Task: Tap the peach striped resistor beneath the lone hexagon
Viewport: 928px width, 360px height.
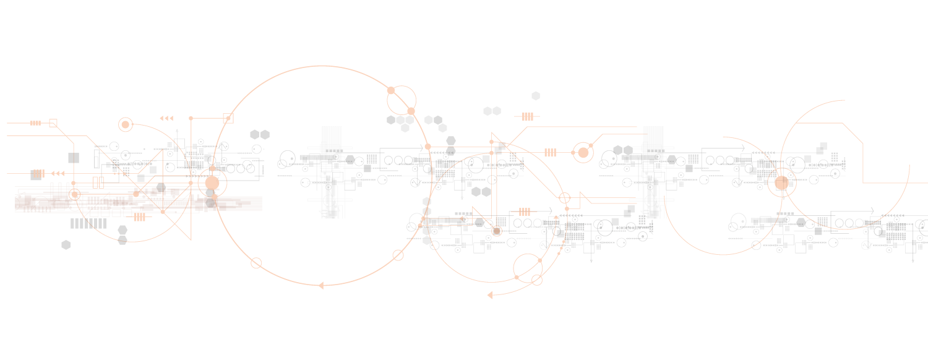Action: (x=527, y=116)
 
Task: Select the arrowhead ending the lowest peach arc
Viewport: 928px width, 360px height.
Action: (x=490, y=294)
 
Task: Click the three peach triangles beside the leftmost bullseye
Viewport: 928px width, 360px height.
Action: (x=166, y=118)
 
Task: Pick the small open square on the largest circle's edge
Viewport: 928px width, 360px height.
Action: (x=228, y=118)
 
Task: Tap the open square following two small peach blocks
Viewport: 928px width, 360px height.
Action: (x=53, y=123)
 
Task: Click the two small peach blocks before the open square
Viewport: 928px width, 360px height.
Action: (x=35, y=123)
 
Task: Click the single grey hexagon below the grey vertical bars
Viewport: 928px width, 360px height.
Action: (x=66, y=245)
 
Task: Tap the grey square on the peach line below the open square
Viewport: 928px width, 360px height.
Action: (x=74, y=158)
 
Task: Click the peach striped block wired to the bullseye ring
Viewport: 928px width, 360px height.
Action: (x=550, y=152)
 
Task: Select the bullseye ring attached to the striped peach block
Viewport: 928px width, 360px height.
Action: (x=583, y=152)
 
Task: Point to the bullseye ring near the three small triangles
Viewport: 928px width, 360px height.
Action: (x=126, y=125)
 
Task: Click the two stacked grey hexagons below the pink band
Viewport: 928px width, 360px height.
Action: (x=122, y=235)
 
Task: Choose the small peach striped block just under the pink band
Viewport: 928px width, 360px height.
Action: (x=139, y=217)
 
